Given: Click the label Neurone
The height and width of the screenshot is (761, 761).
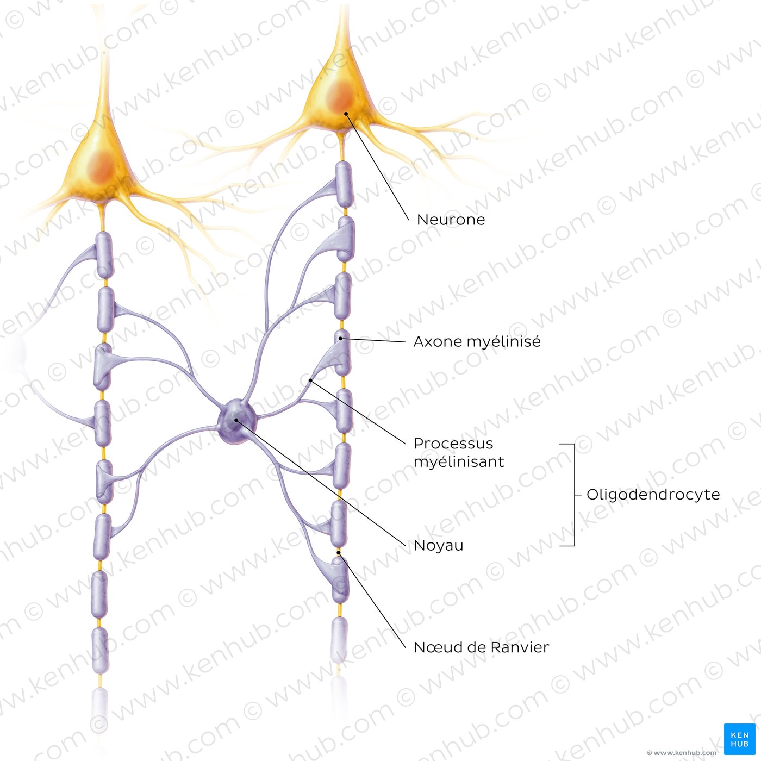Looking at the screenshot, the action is [451, 220].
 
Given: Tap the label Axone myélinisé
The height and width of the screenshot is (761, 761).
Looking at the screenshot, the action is [477, 341].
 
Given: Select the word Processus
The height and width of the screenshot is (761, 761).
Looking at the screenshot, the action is [453, 444].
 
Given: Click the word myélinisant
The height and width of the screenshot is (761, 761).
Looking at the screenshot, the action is [459, 461].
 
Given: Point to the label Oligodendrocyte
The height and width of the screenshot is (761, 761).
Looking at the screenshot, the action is [653, 495].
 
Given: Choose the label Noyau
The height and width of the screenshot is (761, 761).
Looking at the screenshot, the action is [438, 545].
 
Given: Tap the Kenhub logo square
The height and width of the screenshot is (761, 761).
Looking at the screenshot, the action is [739, 739].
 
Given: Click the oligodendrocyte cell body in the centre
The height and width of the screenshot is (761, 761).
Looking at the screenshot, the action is [237, 421].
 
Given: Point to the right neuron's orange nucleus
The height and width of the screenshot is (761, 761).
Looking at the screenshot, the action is [340, 97].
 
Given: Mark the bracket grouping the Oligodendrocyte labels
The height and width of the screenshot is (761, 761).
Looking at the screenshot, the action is [573, 495].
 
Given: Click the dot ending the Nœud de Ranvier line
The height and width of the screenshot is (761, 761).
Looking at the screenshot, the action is [339, 553].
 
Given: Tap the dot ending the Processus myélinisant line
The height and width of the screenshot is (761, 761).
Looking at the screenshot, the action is [311, 380].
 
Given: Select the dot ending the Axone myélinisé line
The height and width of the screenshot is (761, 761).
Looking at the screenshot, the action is [340, 339].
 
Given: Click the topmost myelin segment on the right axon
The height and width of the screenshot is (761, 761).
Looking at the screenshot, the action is [344, 184].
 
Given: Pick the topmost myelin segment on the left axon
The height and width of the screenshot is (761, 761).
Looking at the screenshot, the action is [105, 255].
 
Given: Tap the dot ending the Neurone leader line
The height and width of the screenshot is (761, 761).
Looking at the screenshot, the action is [346, 114].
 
